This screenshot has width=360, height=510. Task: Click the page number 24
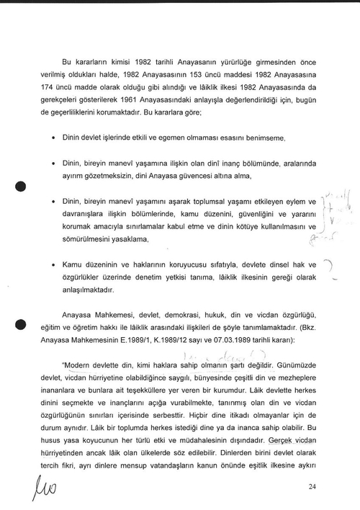[x=312, y=488]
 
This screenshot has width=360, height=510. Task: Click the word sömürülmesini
[x=87, y=238]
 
